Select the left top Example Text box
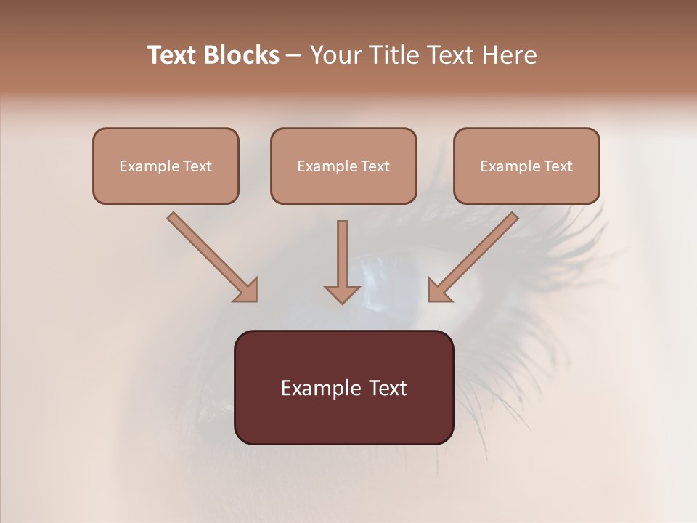166,166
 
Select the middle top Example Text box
343,166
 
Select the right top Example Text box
526,166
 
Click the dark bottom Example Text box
343,387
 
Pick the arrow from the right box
476,254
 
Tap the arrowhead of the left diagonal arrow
247,291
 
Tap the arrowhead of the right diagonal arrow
439,291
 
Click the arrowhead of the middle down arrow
342,293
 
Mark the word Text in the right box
558,166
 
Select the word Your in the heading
334,55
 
